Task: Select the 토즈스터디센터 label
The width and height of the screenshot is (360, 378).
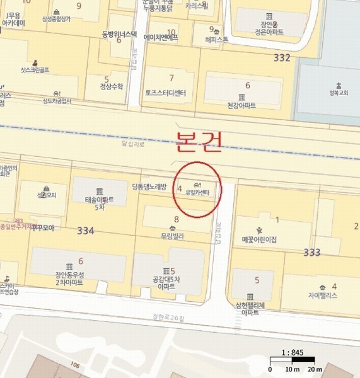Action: point(166,93)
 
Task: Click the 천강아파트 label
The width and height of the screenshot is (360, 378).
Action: point(241,105)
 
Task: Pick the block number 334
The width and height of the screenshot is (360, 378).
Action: point(86,231)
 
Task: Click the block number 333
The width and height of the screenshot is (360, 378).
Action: point(311,252)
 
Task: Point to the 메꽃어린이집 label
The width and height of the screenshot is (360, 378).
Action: point(260,239)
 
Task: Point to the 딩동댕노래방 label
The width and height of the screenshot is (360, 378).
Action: point(149,186)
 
